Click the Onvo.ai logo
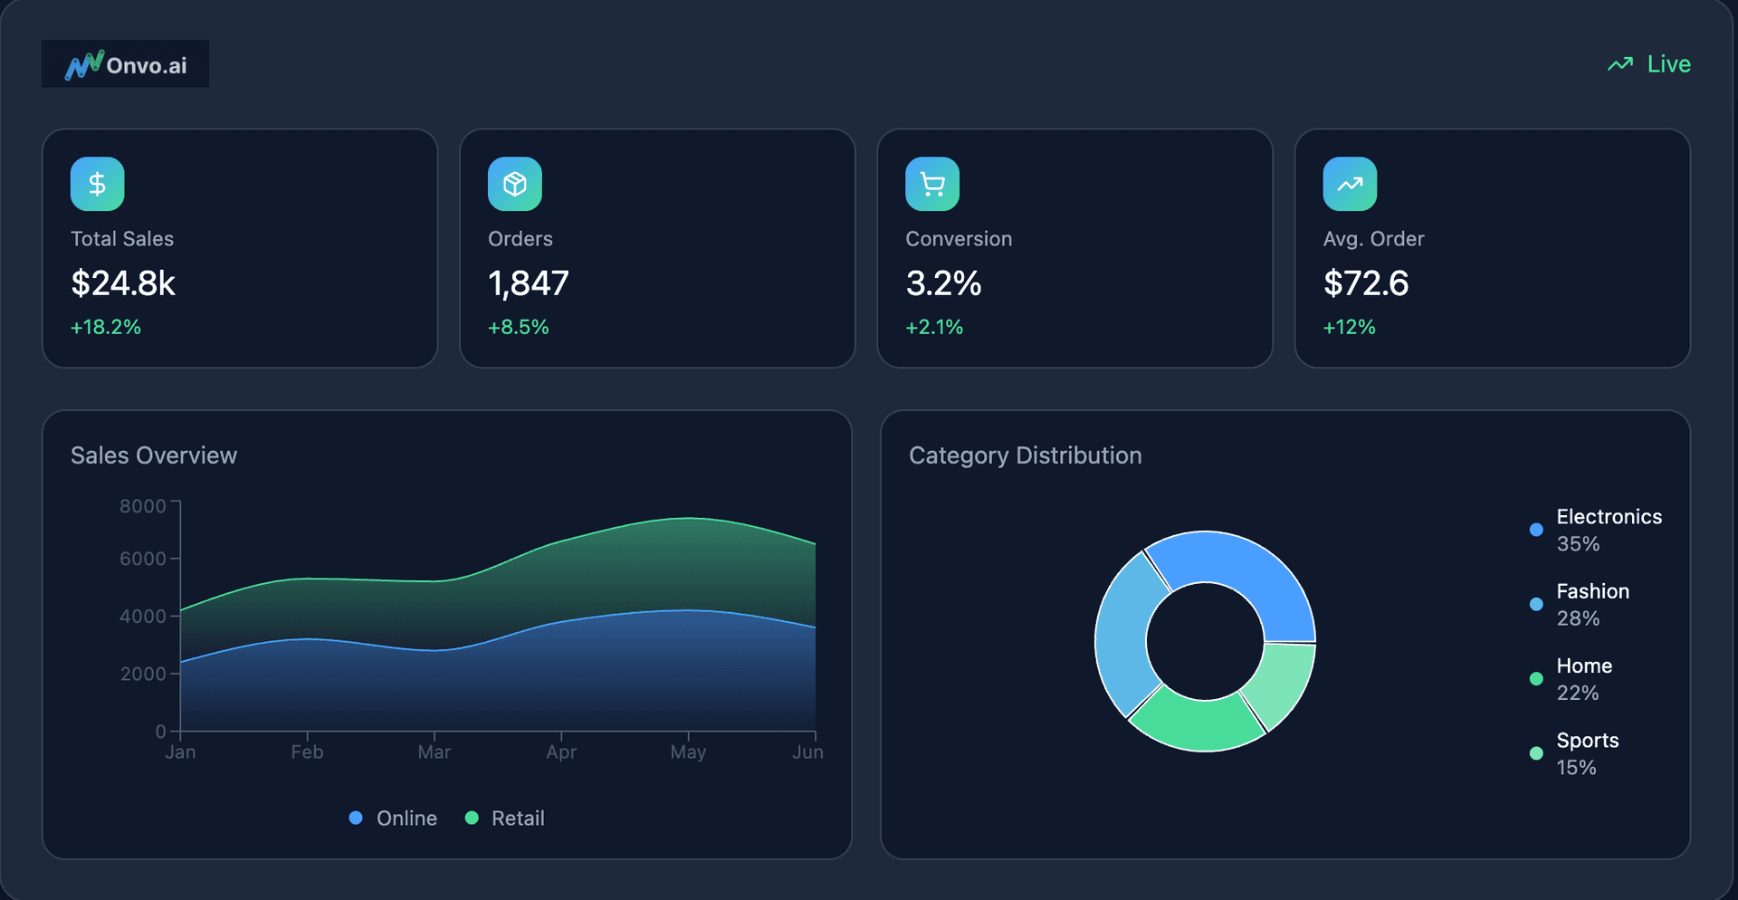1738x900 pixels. (125, 64)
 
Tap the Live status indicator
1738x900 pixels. (1649, 64)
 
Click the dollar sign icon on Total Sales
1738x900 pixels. (98, 184)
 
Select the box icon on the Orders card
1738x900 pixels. (515, 184)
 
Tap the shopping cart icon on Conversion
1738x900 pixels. (932, 184)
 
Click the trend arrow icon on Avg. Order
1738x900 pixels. (1350, 184)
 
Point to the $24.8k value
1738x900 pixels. (123, 283)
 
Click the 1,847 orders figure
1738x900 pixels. (529, 283)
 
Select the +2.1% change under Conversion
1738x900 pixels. (934, 327)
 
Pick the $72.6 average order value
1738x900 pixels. (1366, 283)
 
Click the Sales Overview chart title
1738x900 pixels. (154, 455)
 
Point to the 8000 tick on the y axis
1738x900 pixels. (143, 506)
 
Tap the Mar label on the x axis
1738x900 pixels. (434, 752)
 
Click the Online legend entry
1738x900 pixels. (394, 819)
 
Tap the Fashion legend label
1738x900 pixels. (1592, 591)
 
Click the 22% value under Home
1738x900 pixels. (1578, 694)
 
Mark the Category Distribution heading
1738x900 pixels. (1025, 455)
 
